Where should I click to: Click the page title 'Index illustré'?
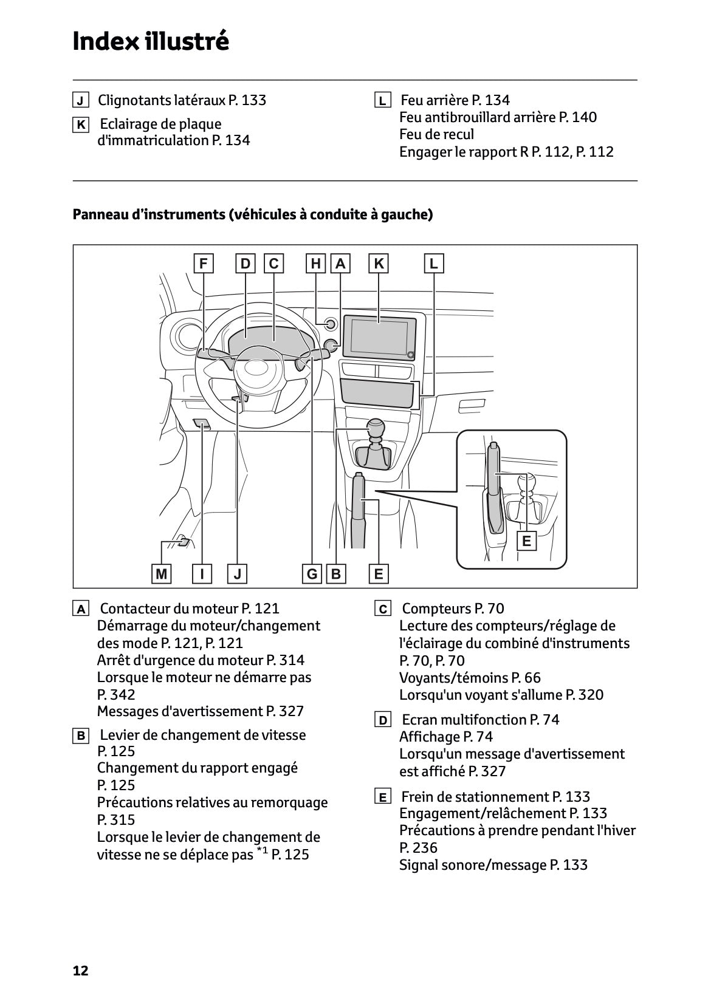pyautogui.click(x=151, y=41)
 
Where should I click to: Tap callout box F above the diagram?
pyautogui.click(x=203, y=264)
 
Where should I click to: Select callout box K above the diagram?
pyautogui.click(x=379, y=264)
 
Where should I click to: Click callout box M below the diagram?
pyautogui.click(x=161, y=574)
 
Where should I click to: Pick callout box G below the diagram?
pyautogui.click(x=312, y=574)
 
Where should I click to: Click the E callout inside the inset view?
pyautogui.click(x=526, y=541)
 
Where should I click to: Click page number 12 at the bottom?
pyautogui.click(x=80, y=971)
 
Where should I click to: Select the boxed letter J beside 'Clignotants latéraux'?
pyautogui.click(x=80, y=100)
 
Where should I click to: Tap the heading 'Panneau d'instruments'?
pyautogui.click(x=252, y=214)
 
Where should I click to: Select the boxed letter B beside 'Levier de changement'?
pyautogui.click(x=80, y=736)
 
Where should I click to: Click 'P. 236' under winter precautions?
pyautogui.click(x=418, y=848)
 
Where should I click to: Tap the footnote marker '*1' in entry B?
pyautogui.click(x=262, y=852)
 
